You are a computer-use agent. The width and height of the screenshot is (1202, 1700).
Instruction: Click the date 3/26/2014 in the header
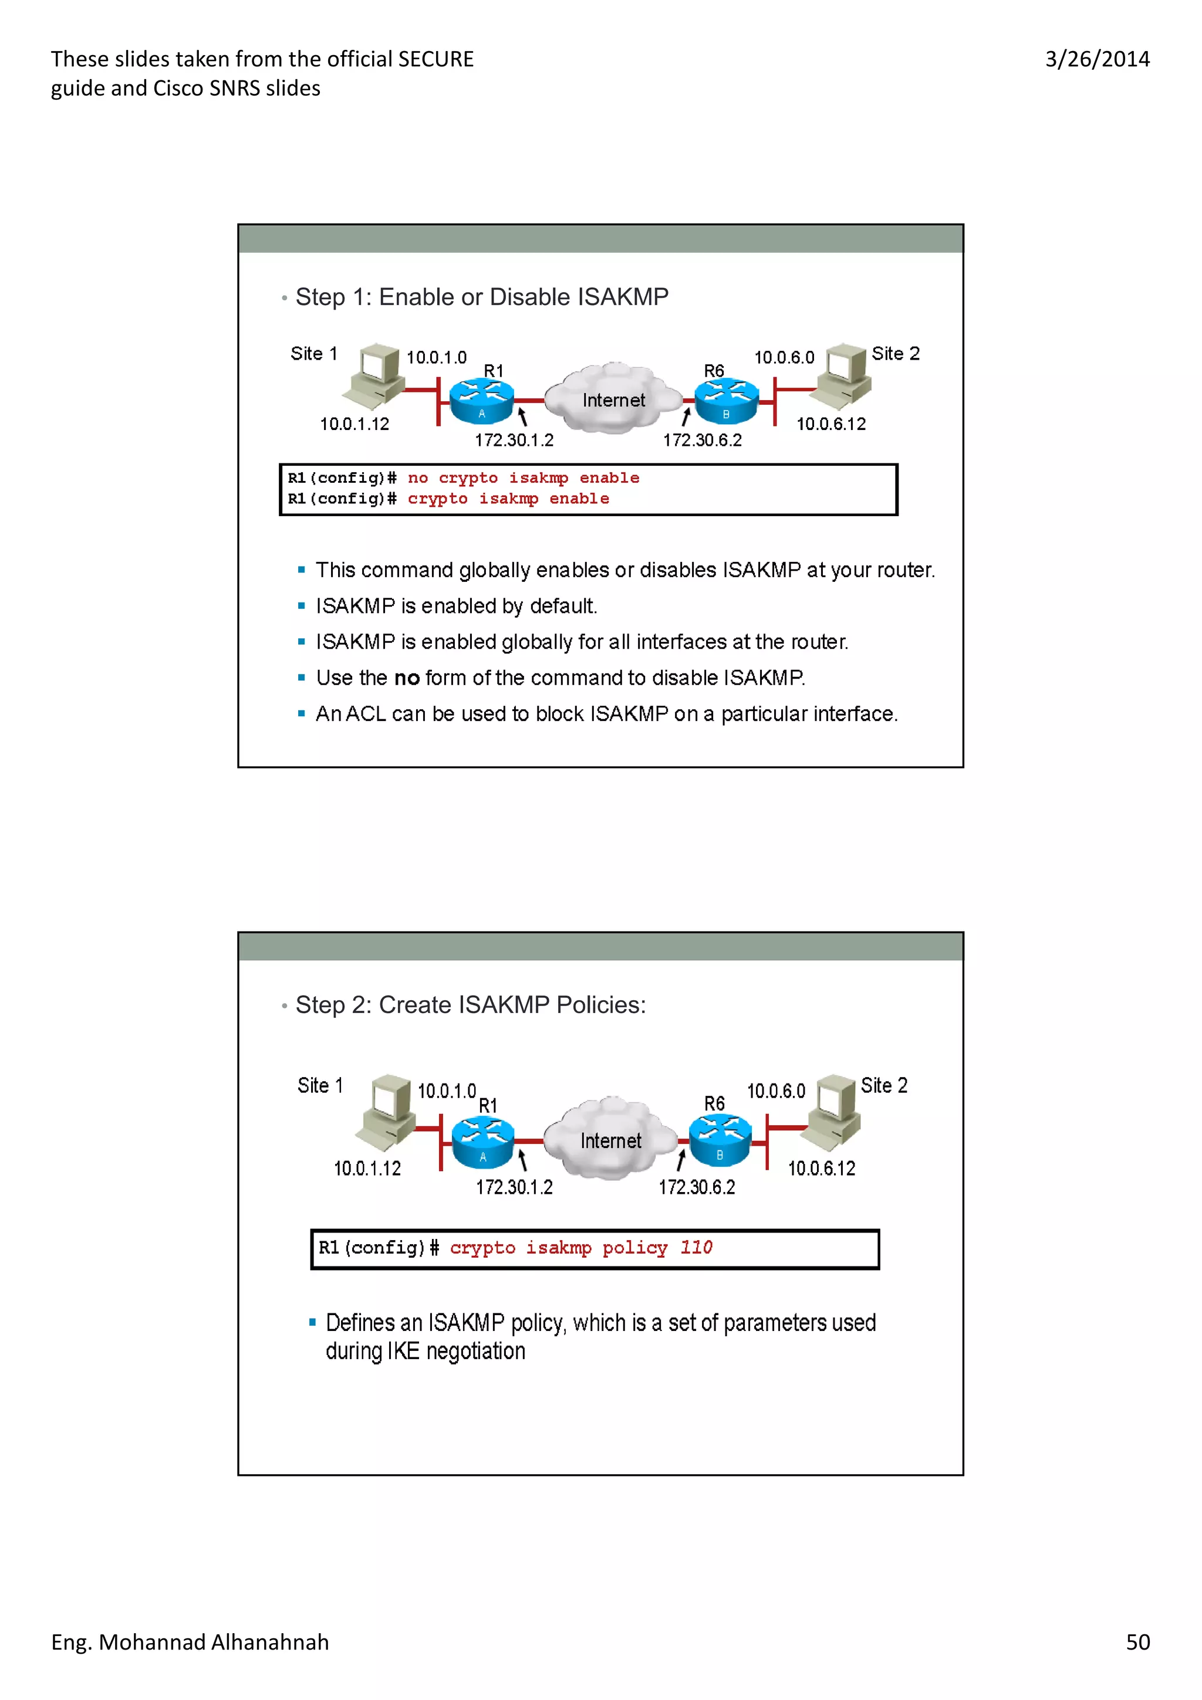[1097, 59]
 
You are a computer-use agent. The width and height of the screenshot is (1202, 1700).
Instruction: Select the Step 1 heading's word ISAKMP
[623, 297]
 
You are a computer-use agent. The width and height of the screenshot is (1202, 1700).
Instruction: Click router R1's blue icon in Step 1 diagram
[481, 401]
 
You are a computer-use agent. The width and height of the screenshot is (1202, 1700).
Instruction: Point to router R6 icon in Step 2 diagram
[720, 1141]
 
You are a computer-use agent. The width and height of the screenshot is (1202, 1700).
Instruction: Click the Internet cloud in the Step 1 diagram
[613, 400]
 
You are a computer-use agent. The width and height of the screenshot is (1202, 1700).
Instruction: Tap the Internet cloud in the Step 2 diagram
[610, 1140]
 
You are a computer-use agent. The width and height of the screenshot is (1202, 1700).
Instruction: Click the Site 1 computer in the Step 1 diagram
[376, 375]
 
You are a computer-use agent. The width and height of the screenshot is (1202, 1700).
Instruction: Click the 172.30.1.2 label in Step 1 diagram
[514, 441]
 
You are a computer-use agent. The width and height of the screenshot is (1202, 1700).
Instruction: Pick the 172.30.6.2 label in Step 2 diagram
[697, 1188]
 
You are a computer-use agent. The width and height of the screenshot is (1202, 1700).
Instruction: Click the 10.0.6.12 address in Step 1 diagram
[831, 424]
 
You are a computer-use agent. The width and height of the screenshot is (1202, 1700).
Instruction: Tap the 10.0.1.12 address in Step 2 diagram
[367, 1169]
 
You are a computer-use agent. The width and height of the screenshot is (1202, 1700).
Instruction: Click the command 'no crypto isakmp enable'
[523, 478]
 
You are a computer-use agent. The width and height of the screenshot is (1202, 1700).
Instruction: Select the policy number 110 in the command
[696, 1248]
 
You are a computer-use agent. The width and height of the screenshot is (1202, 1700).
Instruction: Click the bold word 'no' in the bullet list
[407, 678]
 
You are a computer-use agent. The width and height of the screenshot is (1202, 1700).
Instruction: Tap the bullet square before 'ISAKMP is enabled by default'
[302, 605]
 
